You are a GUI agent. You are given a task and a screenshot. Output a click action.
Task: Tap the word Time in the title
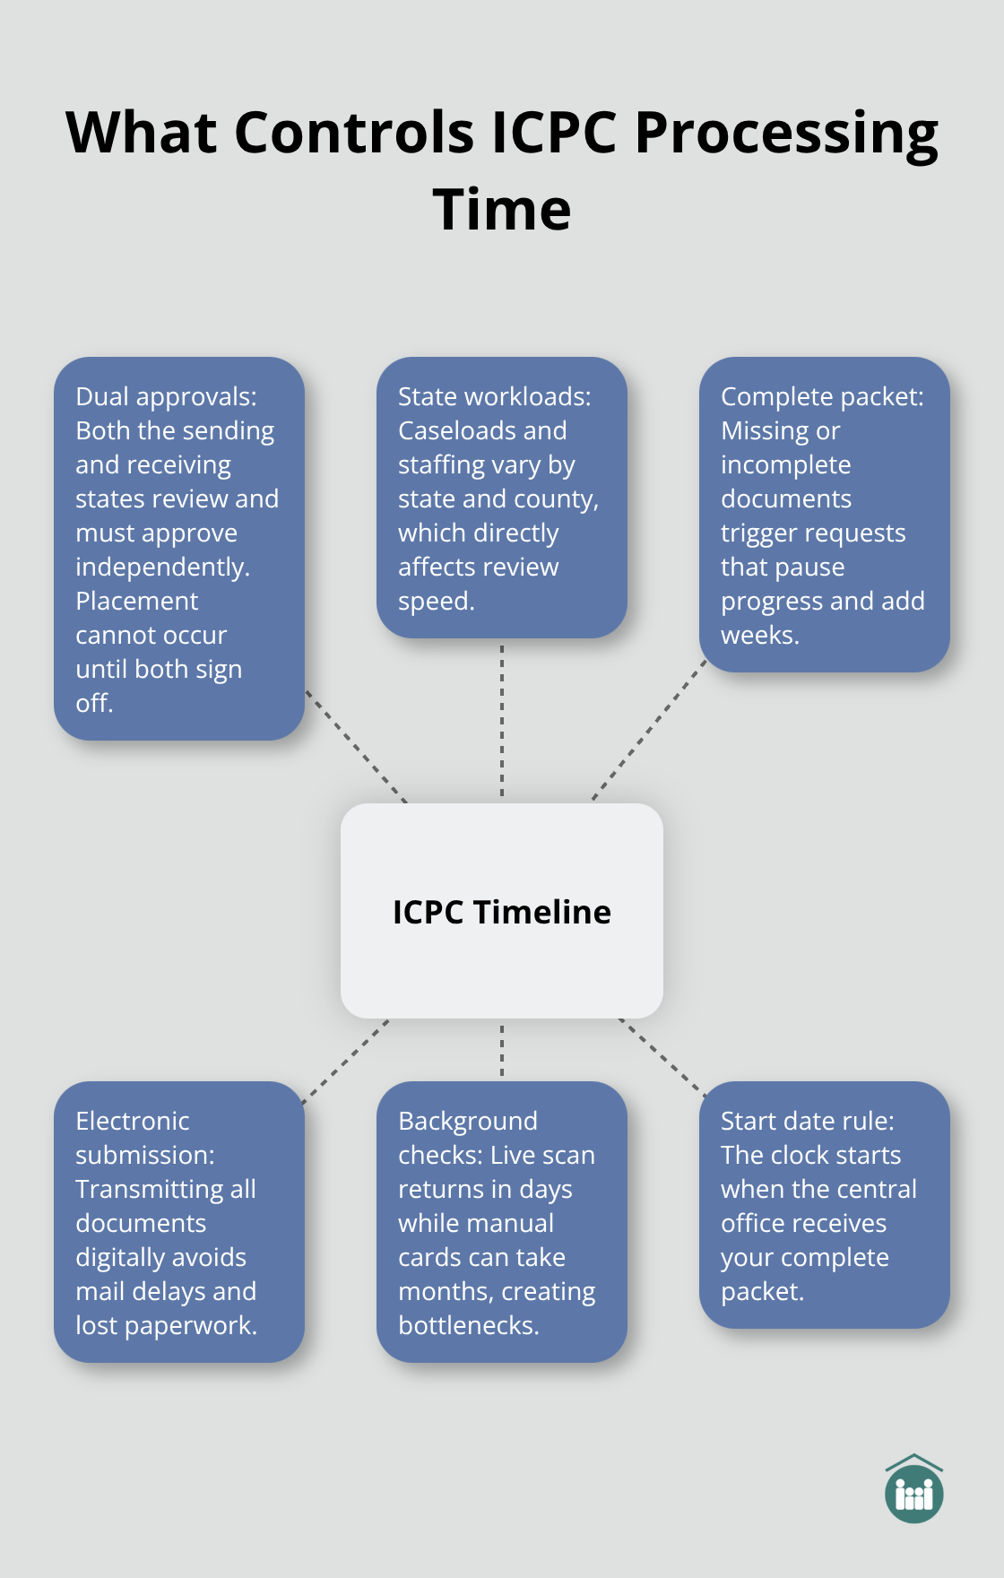coord(502,210)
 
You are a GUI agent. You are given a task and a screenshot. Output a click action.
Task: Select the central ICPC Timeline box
coord(502,911)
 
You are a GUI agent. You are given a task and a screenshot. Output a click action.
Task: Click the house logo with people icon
coord(913,1490)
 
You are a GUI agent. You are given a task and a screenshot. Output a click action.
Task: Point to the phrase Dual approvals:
coord(166,396)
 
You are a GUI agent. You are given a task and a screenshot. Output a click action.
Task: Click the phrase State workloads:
coord(494,396)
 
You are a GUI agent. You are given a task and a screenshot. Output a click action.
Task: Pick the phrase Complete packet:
coord(822,396)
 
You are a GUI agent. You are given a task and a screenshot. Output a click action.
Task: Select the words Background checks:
coord(468,1138)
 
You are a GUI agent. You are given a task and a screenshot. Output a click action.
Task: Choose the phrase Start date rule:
coord(807,1121)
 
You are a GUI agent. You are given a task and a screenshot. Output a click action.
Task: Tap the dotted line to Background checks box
coord(502,1050)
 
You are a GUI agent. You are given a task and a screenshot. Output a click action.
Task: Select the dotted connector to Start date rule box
coord(662,1057)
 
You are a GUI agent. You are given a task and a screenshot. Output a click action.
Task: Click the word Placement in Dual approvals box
coord(137,601)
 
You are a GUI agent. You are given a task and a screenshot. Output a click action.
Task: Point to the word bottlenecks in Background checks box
coord(468,1325)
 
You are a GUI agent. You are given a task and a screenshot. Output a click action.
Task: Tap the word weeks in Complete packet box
coord(758,635)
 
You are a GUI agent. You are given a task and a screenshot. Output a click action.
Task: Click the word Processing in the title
coord(786,133)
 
